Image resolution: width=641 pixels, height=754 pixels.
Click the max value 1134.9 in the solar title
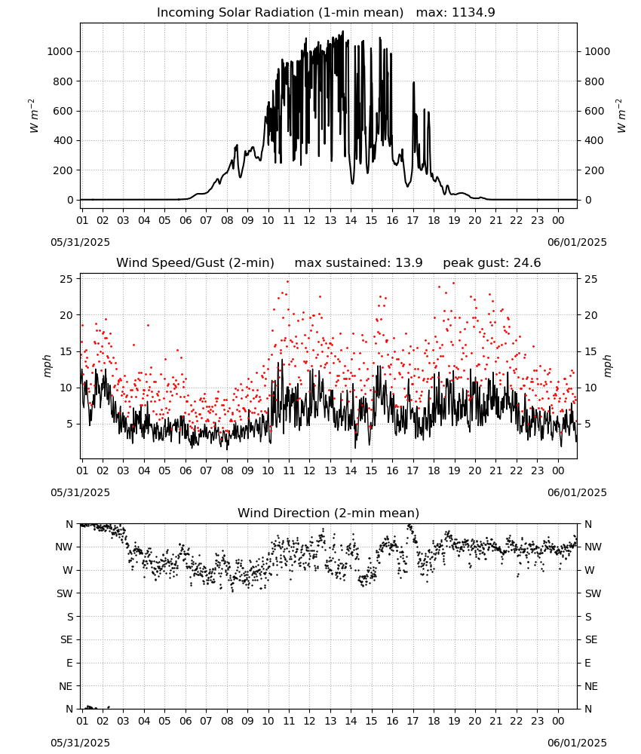click(x=473, y=13)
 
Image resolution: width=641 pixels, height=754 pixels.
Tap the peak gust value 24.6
click(x=526, y=263)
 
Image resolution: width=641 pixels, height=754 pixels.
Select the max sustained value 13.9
click(x=409, y=263)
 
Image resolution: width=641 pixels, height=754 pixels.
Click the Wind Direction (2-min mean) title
click(x=329, y=513)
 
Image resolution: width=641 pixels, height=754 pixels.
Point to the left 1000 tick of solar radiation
click(x=60, y=51)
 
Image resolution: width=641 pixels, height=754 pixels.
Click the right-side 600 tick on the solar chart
click(x=594, y=111)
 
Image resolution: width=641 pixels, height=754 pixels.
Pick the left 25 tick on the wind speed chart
click(x=67, y=279)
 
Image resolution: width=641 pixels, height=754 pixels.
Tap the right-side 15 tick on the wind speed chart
click(x=591, y=351)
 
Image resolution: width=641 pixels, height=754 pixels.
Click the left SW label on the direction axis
click(x=65, y=593)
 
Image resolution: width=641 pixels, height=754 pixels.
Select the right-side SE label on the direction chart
click(x=591, y=639)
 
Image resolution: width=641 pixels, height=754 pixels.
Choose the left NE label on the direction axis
click(x=66, y=686)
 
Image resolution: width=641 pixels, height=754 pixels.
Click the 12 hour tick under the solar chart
click(x=309, y=220)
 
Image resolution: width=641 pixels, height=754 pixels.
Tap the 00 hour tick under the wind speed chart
click(x=558, y=470)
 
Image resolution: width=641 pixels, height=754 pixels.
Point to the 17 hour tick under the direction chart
click(x=413, y=721)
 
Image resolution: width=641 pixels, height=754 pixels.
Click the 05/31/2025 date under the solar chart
click(x=80, y=242)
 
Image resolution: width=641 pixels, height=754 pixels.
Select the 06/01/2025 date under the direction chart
click(x=577, y=743)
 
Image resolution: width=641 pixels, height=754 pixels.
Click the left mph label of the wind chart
click(x=47, y=366)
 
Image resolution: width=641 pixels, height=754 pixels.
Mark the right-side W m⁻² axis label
click(x=621, y=116)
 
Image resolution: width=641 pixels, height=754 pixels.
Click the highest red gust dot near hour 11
click(x=288, y=281)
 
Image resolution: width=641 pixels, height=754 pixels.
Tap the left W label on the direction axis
click(x=69, y=570)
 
